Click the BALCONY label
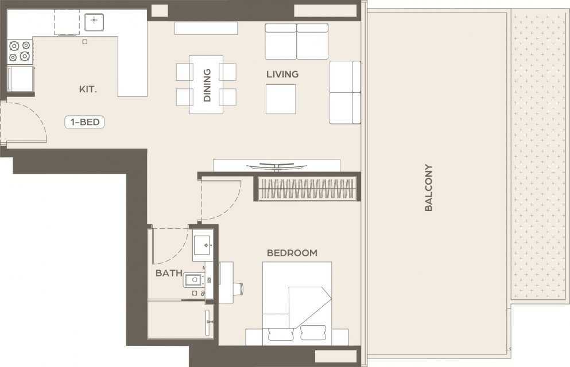point(429,188)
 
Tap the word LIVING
point(282,75)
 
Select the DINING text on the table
point(207,85)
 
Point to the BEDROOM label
point(292,253)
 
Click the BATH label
point(169,273)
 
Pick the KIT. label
point(88,89)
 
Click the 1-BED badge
point(85,122)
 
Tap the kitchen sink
point(94,22)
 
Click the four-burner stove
point(20,52)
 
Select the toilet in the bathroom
point(194,280)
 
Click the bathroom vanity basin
point(203,245)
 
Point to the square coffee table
point(281,99)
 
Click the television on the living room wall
point(277,166)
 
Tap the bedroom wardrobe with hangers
point(307,189)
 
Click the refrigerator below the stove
point(21,79)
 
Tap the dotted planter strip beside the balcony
point(539,154)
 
